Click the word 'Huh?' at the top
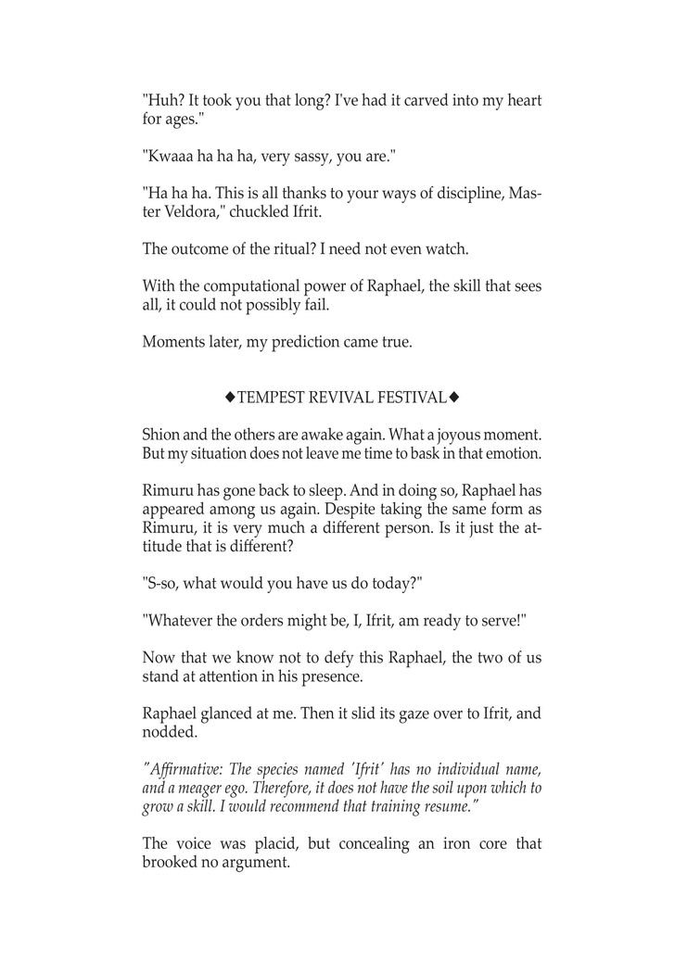click(x=163, y=99)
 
